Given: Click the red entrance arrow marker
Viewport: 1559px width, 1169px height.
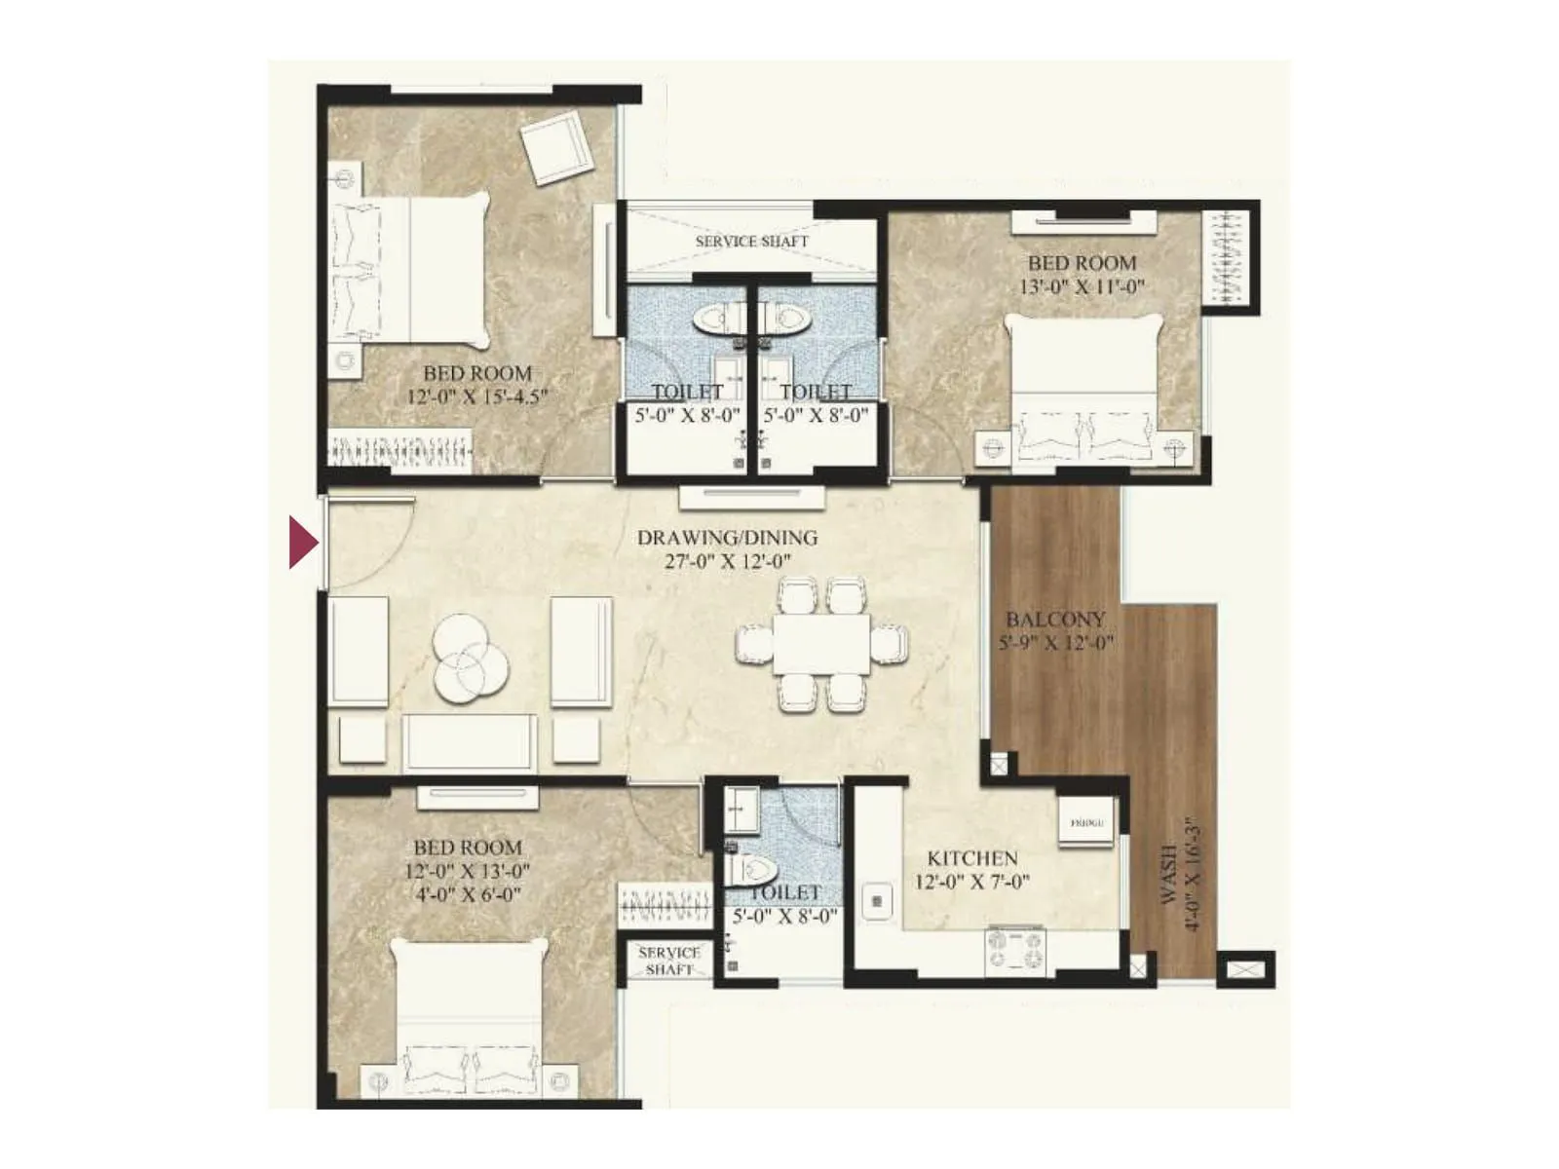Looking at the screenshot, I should click(303, 543).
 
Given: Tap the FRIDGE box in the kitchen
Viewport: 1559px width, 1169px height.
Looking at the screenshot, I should click(1086, 823).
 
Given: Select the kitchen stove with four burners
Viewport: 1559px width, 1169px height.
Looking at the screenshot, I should click(1015, 951).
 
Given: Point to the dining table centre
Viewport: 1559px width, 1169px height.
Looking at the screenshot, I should click(821, 643).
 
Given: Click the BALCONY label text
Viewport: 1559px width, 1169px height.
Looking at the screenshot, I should click(1055, 620).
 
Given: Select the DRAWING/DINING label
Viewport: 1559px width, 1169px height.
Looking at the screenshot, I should click(727, 538).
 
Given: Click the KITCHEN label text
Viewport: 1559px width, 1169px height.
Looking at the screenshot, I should click(972, 858).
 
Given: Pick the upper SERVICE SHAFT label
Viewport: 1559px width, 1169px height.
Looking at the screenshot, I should click(751, 241).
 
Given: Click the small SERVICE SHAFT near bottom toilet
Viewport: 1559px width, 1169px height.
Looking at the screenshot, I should click(668, 961).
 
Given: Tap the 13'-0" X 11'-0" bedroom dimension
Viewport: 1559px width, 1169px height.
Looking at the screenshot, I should click(1082, 286).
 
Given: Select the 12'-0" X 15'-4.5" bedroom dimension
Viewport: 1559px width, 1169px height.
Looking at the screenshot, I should click(477, 396).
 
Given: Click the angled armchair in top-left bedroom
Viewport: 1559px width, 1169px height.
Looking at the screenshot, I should click(556, 147).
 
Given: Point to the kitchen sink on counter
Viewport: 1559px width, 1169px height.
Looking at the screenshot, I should click(877, 902).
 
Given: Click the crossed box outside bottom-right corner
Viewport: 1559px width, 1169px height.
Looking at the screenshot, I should click(1244, 970).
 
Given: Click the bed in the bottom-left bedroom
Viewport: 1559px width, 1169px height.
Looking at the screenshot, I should click(469, 1018).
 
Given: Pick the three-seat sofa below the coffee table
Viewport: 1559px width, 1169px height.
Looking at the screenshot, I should click(470, 742).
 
